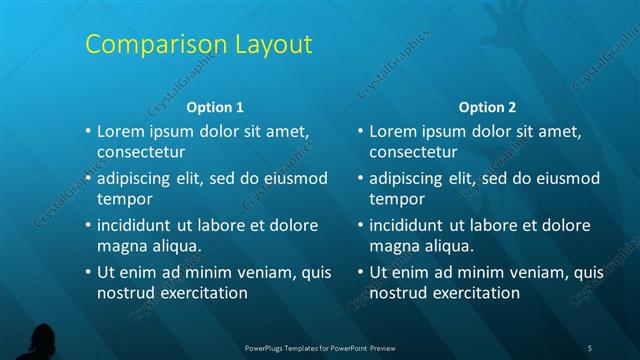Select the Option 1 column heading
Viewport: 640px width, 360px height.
[x=215, y=107]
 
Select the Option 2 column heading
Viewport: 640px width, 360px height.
[x=487, y=107]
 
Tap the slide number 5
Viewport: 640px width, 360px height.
[x=590, y=347]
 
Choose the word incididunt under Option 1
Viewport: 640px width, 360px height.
[x=137, y=225]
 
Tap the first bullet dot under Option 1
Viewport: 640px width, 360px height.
[x=88, y=131]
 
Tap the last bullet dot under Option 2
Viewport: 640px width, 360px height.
[x=360, y=272]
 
